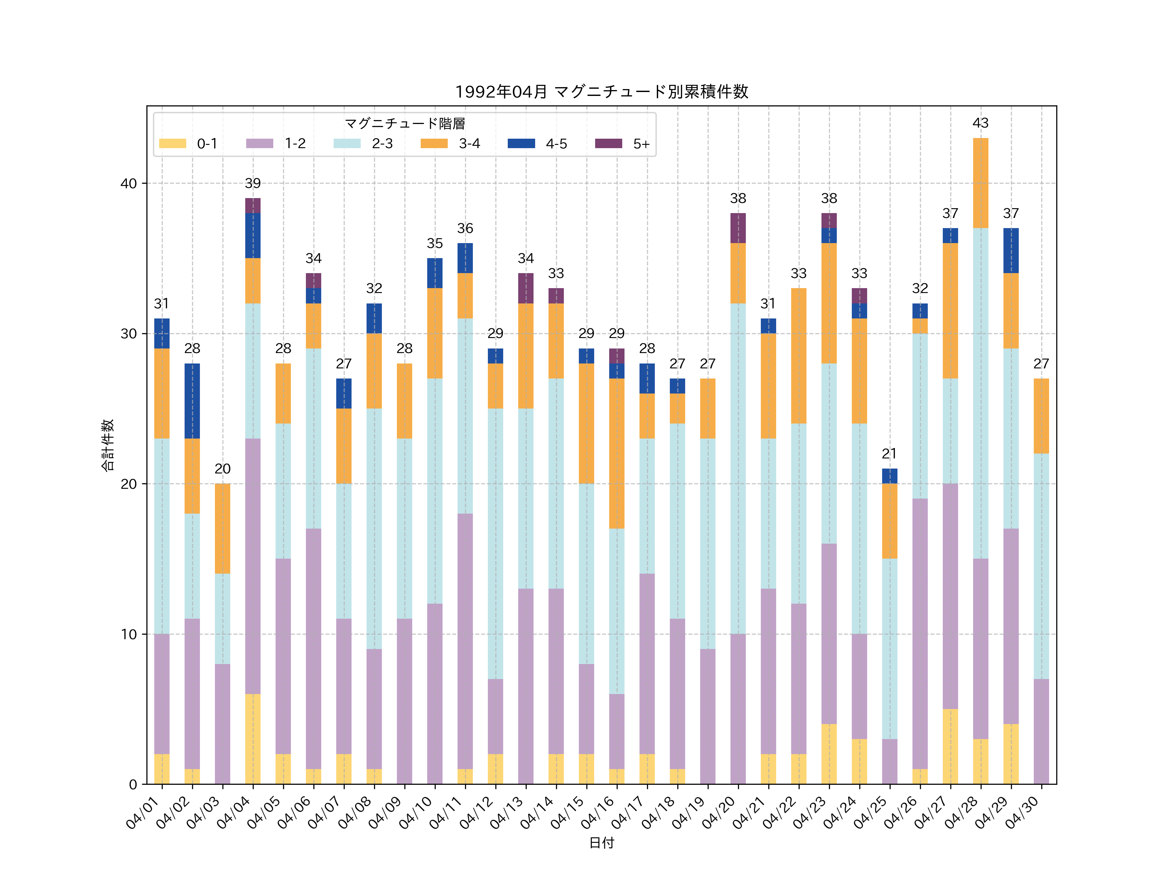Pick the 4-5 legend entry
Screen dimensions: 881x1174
pos(537,143)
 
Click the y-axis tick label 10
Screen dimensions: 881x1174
pos(128,634)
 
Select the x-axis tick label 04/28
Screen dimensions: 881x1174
pos(962,812)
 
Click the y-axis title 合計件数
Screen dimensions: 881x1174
pos(108,445)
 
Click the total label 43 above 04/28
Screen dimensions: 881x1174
pos(980,123)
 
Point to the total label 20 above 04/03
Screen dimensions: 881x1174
pos(222,469)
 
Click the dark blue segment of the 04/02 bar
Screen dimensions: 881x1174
pos(192,401)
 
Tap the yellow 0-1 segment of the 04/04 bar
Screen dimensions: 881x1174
pos(253,739)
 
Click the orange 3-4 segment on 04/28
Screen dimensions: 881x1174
pos(980,183)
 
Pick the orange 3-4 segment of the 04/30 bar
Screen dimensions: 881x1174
pos(1041,416)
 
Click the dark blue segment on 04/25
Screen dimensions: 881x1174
pos(890,476)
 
